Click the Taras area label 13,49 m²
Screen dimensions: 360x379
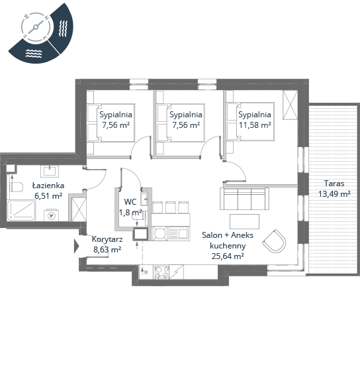point(334,194)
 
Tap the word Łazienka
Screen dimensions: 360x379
point(48,186)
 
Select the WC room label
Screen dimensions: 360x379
point(130,201)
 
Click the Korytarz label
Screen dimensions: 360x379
point(107,239)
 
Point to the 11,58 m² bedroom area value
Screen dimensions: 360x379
point(255,125)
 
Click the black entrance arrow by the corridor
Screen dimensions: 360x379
point(77,246)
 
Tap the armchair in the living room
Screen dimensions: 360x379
point(274,241)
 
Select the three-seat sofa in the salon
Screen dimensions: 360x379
point(244,199)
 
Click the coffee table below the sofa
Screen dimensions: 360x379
point(244,221)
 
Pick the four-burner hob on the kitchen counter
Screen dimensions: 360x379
point(161,272)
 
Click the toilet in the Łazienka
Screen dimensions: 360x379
point(17,187)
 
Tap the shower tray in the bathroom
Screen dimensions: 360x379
point(21,210)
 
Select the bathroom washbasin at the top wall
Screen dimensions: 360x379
point(50,171)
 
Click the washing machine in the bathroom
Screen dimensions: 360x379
point(51,215)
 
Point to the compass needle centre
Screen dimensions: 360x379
point(36,27)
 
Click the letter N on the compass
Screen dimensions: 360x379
point(46,18)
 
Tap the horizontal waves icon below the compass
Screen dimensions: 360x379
point(34,54)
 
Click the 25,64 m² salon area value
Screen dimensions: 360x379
point(228,256)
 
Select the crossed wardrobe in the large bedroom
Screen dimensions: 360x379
point(291,105)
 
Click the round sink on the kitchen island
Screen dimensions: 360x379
point(159,233)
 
